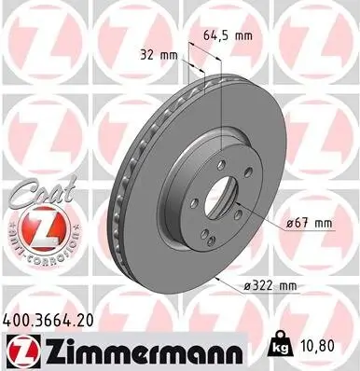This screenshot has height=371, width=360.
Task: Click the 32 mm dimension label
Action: [159, 53]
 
